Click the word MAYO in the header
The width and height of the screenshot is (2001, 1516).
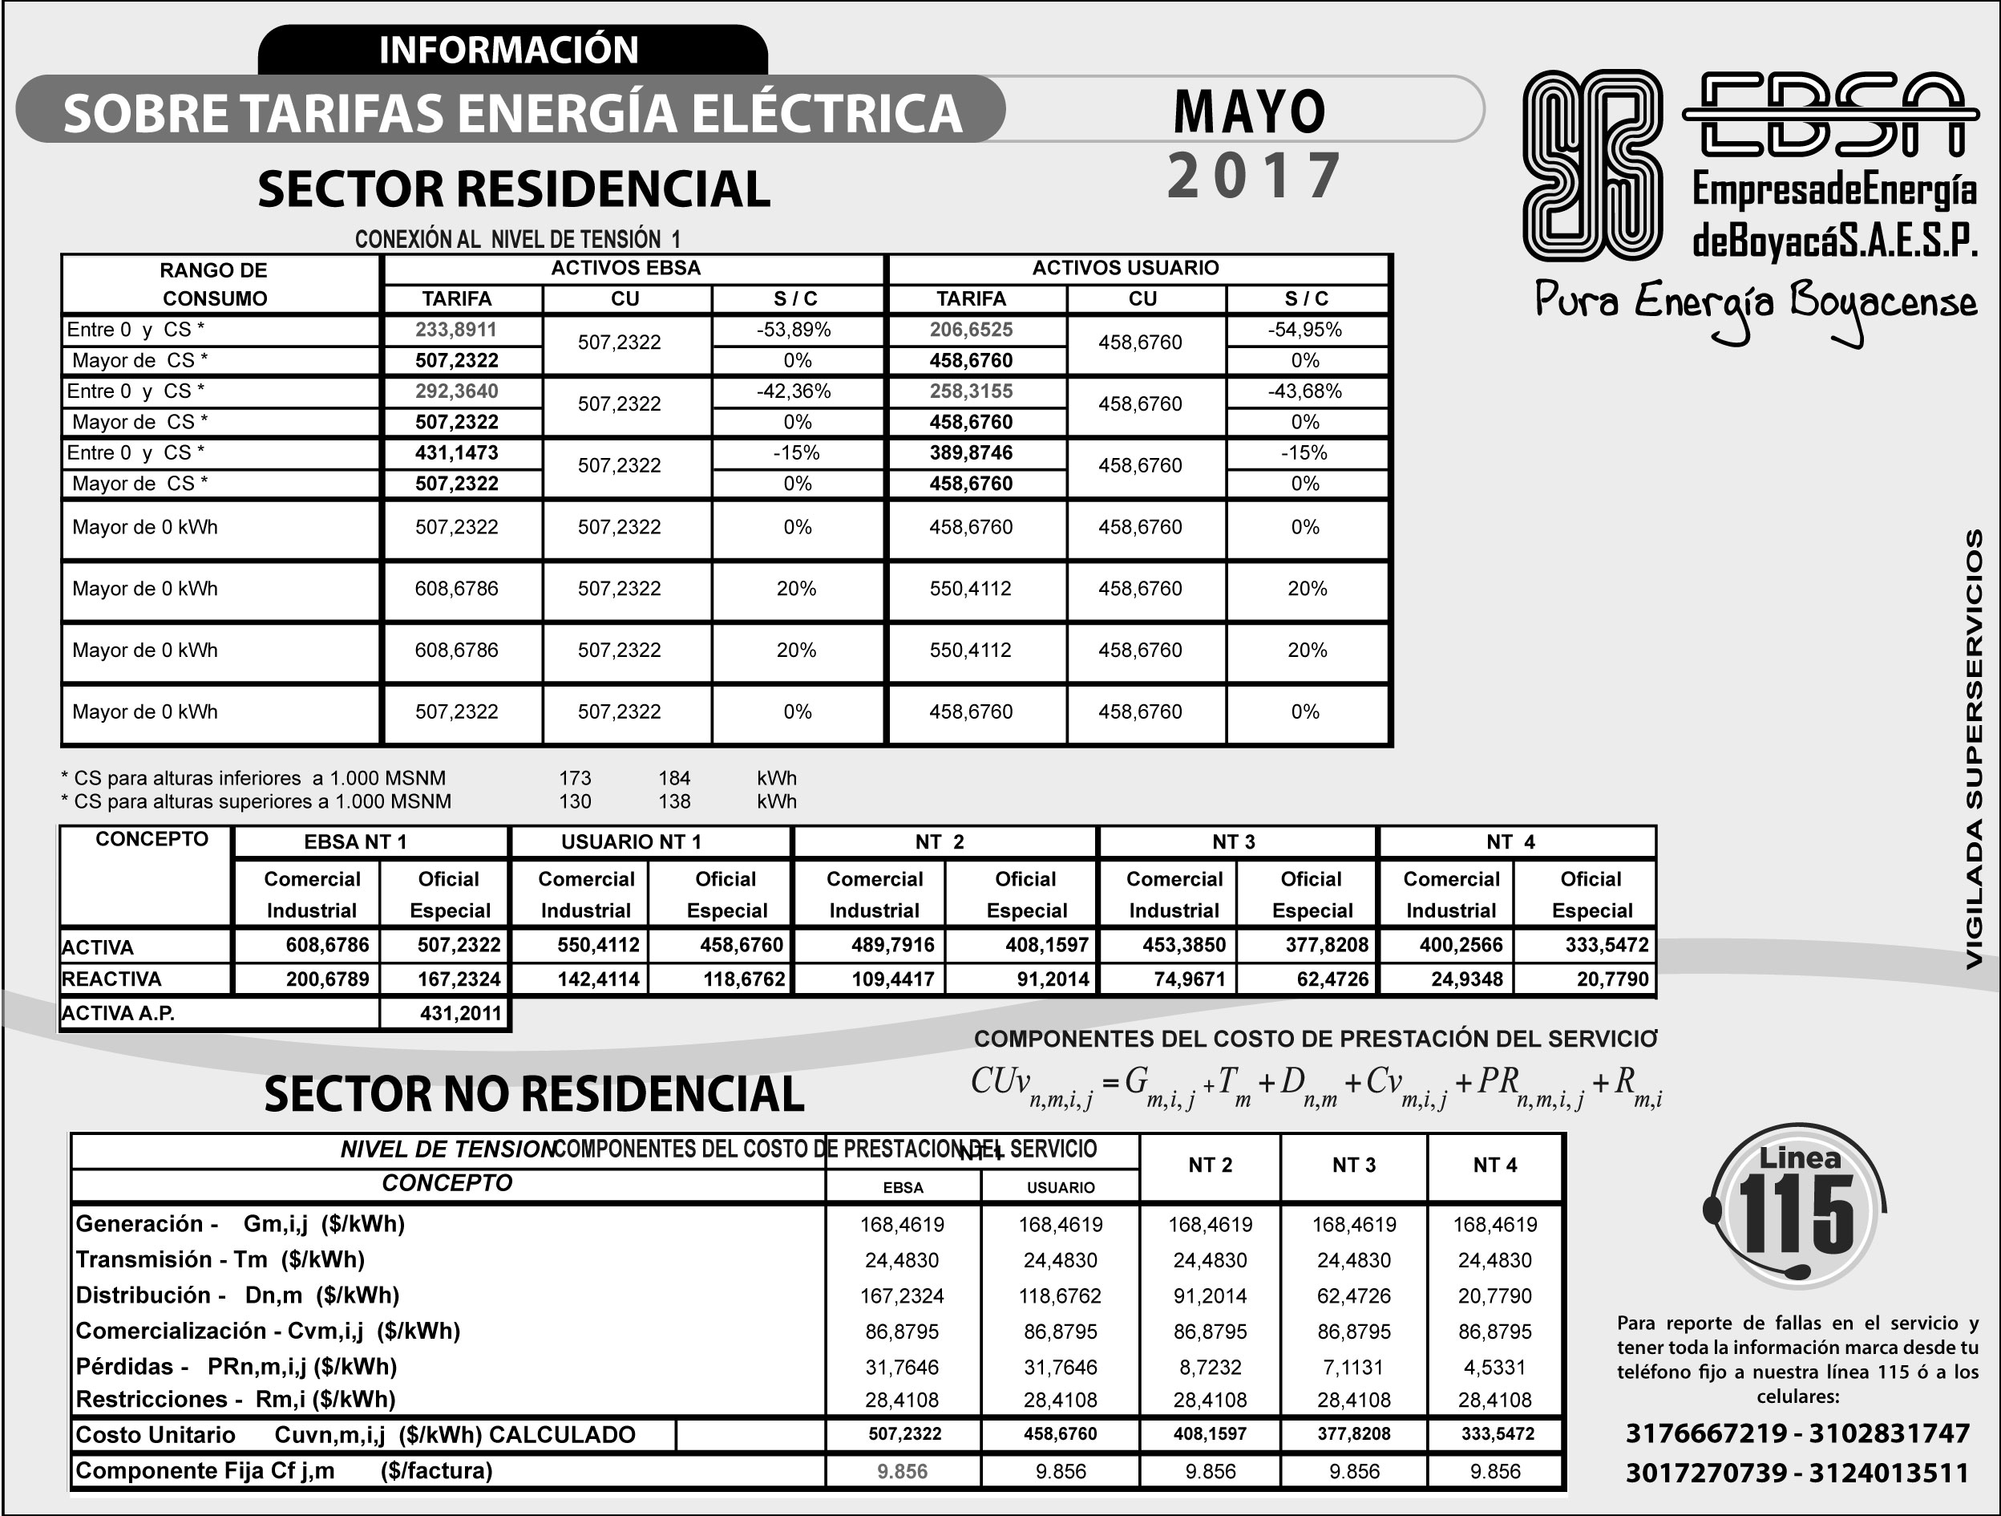click(1249, 112)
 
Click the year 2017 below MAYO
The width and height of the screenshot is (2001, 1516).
click(1254, 176)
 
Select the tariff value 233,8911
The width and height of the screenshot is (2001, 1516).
click(456, 330)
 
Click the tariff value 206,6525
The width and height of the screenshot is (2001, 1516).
click(971, 330)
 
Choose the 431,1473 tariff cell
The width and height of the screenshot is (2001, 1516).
click(456, 452)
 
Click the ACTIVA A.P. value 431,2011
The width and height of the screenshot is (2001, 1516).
click(459, 1014)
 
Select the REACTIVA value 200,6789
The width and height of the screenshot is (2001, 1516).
click(326, 979)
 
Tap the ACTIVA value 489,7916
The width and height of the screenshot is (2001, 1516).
click(892, 945)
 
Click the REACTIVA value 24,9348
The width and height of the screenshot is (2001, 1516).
click(1466, 979)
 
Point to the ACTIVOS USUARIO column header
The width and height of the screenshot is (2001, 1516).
click(1126, 268)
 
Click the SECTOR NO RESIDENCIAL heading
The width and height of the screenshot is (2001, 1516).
click(534, 1093)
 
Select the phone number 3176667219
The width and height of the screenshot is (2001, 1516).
click(1705, 1433)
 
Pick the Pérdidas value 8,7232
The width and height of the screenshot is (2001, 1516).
click(1210, 1367)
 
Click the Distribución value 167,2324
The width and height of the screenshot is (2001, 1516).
click(901, 1296)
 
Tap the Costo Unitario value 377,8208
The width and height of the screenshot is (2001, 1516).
click(1353, 1434)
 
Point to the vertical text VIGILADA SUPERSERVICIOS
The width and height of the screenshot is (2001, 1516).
click(1974, 749)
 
